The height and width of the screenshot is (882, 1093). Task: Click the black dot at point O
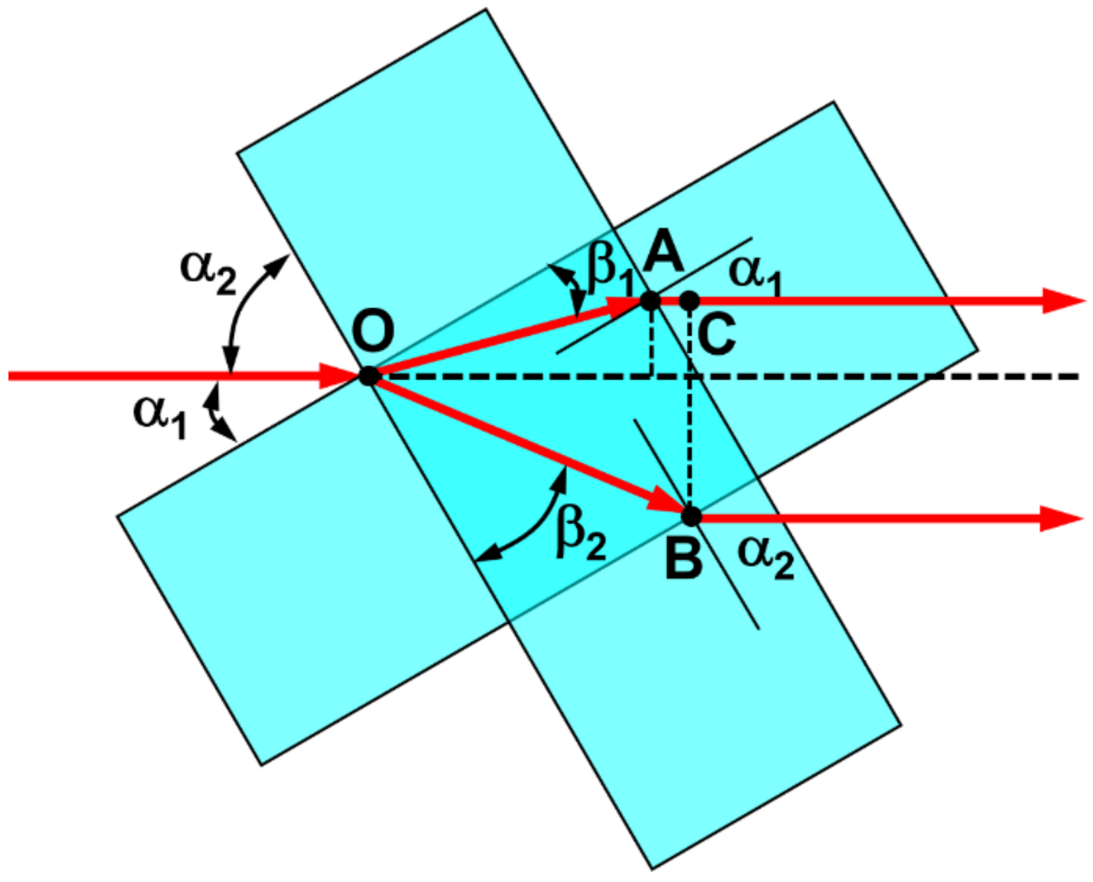click(x=370, y=376)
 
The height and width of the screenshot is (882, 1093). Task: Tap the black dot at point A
click(x=650, y=300)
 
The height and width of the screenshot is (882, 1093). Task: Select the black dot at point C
click(x=689, y=300)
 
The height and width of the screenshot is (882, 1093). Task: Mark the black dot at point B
click(x=692, y=516)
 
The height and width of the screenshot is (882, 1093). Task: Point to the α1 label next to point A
click(x=755, y=274)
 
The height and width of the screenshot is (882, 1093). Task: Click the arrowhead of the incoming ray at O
click(x=339, y=376)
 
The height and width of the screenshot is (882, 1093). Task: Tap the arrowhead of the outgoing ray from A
click(x=1062, y=300)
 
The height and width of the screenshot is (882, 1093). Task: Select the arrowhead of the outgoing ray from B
click(x=1061, y=519)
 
